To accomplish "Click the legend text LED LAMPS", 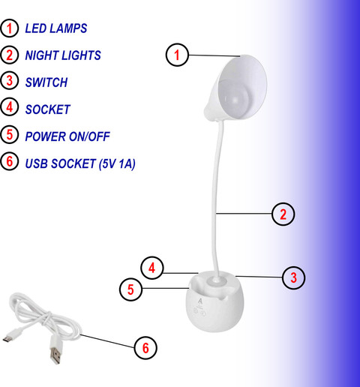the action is click(56, 28).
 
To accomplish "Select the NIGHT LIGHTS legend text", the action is click(63, 55).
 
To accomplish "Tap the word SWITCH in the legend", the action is click(46, 82).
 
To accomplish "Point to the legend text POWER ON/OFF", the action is click(67, 136).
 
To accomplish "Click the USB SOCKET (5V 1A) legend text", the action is click(80, 163).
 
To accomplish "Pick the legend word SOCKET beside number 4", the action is click(48, 109).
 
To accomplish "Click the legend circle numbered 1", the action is click(10, 28).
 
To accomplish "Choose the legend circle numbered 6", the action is click(10, 161).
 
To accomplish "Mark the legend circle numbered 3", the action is click(10, 80).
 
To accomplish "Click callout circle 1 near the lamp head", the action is click(177, 55).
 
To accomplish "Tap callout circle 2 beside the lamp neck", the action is click(283, 214).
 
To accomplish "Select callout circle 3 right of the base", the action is click(293, 277).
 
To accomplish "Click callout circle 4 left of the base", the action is click(152, 268).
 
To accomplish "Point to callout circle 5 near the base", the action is click(130, 289).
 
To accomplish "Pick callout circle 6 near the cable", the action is click(145, 348).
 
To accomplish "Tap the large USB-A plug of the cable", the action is click(55, 350).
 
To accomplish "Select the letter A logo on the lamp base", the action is click(199, 301).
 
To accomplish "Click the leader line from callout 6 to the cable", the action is click(107, 341).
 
